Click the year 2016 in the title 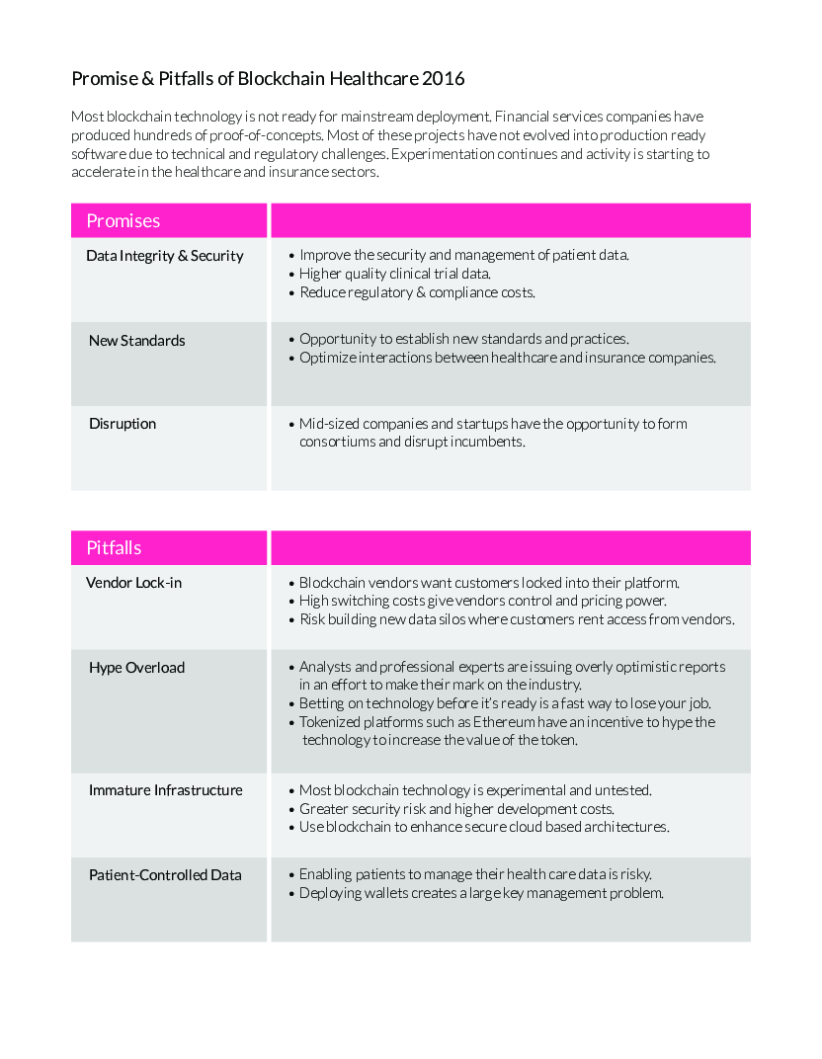pyautogui.click(x=443, y=78)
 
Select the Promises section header pyautogui.click(x=123, y=220)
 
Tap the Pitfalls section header pyautogui.click(x=114, y=547)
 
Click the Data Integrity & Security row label pyautogui.click(x=164, y=256)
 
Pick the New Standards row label pyautogui.click(x=136, y=341)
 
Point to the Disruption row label pyautogui.click(x=123, y=424)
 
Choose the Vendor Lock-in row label pyautogui.click(x=133, y=583)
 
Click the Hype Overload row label pyautogui.click(x=136, y=668)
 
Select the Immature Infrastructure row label pyautogui.click(x=165, y=790)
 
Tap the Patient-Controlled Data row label pyautogui.click(x=165, y=875)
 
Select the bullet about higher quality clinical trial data pyautogui.click(x=395, y=274)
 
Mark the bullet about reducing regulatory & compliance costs pyautogui.click(x=417, y=292)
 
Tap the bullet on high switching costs pyautogui.click(x=482, y=601)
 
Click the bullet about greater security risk pyautogui.click(x=456, y=809)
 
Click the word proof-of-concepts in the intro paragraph pyautogui.click(x=275, y=135)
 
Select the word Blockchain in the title pyautogui.click(x=283, y=78)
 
